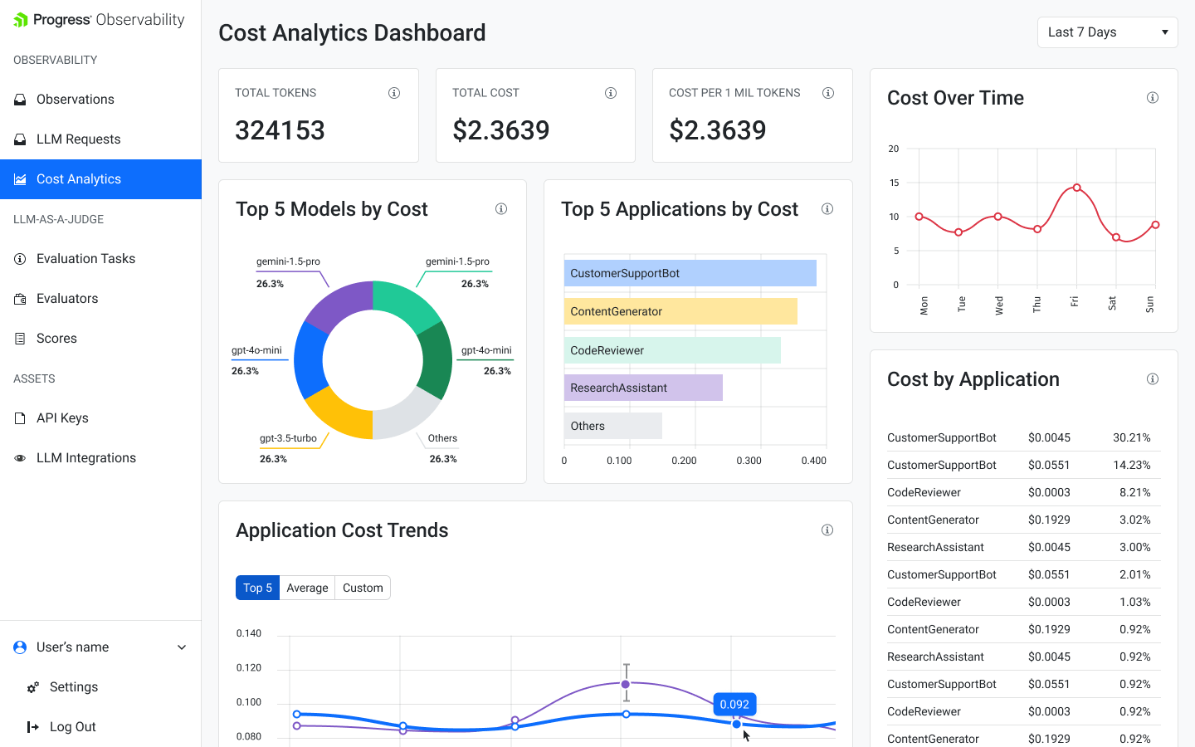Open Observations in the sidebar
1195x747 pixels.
click(x=75, y=100)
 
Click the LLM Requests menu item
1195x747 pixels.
click(x=78, y=139)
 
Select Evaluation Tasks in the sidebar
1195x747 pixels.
click(x=85, y=259)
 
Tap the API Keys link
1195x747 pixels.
click(x=62, y=418)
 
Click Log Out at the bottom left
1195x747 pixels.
click(x=72, y=727)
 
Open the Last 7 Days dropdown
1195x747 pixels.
click(x=1107, y=32)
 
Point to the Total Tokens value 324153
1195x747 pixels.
click(x=280, y=130)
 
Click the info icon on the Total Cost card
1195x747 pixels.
click(x=611, y=93)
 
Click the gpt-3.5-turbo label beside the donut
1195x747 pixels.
click(x=288, y=438)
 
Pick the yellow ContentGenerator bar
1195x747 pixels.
click(x=680, y=311)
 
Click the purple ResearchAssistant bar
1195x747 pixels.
click(x=643, y=388)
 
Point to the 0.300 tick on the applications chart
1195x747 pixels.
click(x=749, y=461)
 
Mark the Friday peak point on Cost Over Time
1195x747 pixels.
click(x=1076, y=188)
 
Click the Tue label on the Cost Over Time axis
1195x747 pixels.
click(x=962, y=304)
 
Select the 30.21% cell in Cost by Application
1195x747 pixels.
click(x=1131, y=437)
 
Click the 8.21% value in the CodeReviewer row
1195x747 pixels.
click(x=1134, y=492)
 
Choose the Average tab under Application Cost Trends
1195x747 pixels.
click(x=307, y=588)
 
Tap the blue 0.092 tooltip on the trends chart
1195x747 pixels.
click(x=734, y=705)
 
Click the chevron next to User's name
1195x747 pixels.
click(x=182, y=647)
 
